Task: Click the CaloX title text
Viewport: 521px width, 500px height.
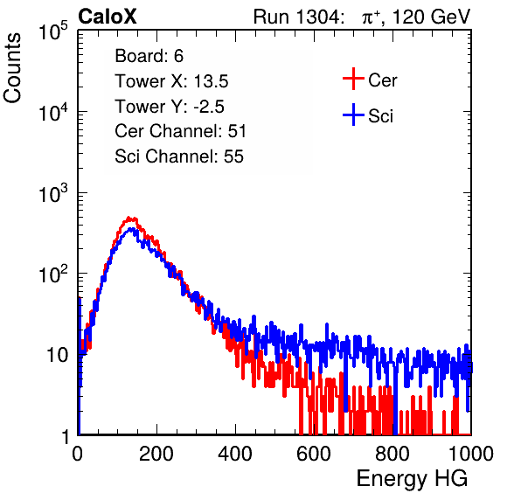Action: (x=108, y=17)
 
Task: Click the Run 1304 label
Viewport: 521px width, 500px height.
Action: (x=296, y=17)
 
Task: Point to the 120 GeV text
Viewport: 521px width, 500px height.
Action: (x=431, y=17)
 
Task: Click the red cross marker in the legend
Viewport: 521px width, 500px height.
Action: (x=353, y=79)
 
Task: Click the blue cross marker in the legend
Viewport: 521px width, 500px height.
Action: (x=353, y=115)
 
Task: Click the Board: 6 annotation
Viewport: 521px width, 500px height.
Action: (x=149, y=56)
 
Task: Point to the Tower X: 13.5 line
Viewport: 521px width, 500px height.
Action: (x=171, y=81)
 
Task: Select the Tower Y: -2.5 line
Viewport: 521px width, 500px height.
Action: (x=170, y=107)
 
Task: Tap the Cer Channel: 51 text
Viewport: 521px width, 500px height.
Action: (x=180, y=131)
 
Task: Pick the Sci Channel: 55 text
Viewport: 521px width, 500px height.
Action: (x=179, y=156)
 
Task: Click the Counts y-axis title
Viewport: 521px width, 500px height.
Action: (x=12, y=68)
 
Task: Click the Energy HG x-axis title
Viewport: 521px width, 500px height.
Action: (x=412, y=479)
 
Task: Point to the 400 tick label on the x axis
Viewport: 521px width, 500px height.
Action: (x=235, y=454)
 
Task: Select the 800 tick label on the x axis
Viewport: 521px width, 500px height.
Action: (x=392, y=454)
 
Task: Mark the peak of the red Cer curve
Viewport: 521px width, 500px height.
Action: (x=130, y=219)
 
